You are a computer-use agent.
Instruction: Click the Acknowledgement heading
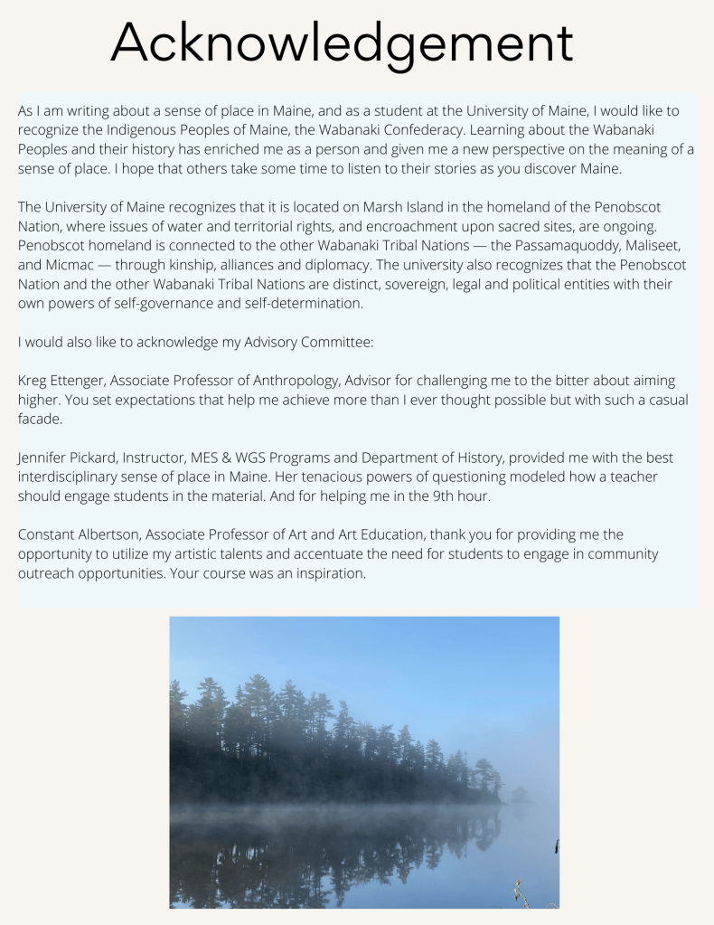[342, 42]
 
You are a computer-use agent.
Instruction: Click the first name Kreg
[33, 381]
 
